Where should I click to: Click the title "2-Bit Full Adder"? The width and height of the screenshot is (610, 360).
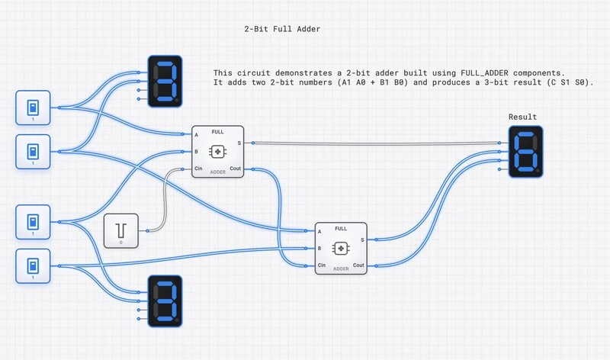coord(281,29)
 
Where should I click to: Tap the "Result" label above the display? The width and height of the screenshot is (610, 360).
coord(522,117)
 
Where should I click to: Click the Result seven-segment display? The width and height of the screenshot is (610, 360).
coord(526,151)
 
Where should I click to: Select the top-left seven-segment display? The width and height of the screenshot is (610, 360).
coord(164,79)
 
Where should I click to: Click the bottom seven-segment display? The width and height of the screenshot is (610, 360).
coord(164,300)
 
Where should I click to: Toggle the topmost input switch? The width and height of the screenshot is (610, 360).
coord(33,108)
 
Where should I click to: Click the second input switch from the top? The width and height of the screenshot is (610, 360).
coord(33,151)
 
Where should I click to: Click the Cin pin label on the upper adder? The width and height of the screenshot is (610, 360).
coord(199,168)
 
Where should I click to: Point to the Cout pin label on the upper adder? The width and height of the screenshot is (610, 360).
coord(235,168)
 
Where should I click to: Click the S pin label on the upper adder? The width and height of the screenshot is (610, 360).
coord(239,143)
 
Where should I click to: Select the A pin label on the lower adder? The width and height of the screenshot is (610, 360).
coord(319,231)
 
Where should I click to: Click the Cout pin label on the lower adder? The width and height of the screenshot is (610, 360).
coord(358,265)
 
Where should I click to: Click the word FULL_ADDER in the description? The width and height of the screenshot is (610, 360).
coord(494,72)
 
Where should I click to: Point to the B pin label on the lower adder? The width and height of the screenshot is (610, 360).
coord(319,248)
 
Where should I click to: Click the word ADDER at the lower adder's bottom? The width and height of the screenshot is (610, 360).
coord(341,268)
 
